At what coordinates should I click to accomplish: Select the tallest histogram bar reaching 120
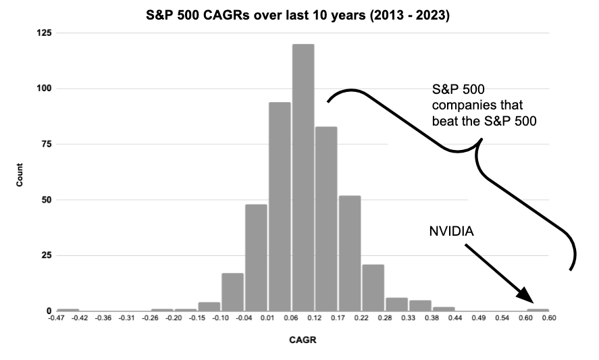[303, 196]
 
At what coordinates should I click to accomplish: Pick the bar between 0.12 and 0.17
[327, 217]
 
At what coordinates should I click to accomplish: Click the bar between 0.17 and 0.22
[350, 253]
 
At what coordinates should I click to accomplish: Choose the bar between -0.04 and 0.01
[256, 257]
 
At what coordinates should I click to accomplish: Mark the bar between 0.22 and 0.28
[373, 288]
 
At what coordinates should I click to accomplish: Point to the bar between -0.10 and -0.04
[232, 292]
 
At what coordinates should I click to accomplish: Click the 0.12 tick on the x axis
[315, 317]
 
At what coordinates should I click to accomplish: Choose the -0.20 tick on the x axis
[175, 317]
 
